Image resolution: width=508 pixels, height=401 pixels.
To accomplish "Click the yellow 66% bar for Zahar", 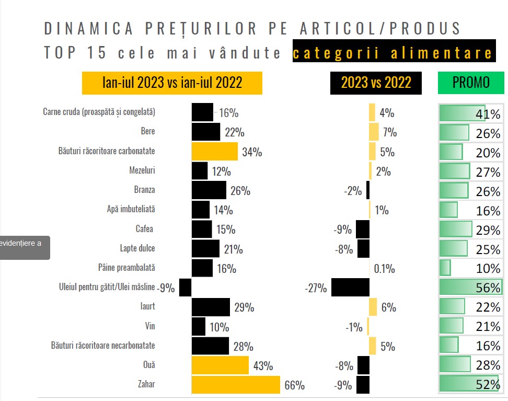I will pyautogui.click(x=236, y=385).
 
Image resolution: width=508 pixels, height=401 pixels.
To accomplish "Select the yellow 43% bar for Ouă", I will pyautogui.click(x=220, y=365).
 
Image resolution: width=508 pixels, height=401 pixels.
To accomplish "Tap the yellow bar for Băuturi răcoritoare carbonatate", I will pyautogui.click(x=214, y=151).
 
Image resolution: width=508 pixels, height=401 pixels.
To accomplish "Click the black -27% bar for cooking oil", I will pyautogui.click(x=350, y=288).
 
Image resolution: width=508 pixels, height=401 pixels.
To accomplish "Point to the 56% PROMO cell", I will pyautogui.click(x=470, y=288).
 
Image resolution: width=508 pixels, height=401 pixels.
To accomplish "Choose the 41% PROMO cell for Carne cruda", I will pyautogui.click(x=470, y=113).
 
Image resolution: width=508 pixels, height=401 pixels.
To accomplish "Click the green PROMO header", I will pyautogui.click(x=471, y=83).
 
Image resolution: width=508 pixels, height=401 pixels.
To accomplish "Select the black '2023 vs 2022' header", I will pyautogui.click(x=376, y=83).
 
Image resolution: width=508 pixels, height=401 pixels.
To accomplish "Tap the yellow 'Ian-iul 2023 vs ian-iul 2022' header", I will pyautogui.click(x=172, y=83).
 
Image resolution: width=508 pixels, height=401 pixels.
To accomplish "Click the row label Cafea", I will pyautogui.click(x=144, y=229).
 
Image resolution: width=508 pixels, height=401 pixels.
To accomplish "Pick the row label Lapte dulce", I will pyautogui.click(x=137, y=248).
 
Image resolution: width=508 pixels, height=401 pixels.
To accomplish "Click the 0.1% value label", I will pyautogui.click(x=384, y=269).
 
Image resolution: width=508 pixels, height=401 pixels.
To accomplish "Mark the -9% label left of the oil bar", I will pyautogui.click(x=167, y=288).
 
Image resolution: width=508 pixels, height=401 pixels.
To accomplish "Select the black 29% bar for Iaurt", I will pyautogui.click(x=211, y=307).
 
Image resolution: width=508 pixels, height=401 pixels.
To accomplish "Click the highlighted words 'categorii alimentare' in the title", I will pyautogui.click(x=394, y=53).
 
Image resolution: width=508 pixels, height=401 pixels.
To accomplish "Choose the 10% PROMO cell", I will pyautogui.click(x=470, y=268).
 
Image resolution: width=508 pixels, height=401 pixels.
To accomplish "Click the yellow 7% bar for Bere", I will pyautogui.click(x=374, y=132).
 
